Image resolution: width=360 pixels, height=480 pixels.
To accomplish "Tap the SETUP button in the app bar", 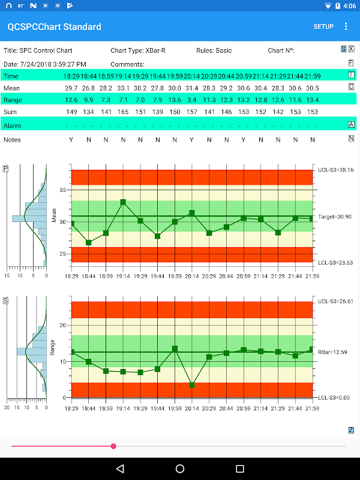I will click(323, 26).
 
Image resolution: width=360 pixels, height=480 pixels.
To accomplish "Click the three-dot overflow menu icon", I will click(346, 26).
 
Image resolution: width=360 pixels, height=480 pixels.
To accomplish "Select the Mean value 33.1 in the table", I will click(123, 88).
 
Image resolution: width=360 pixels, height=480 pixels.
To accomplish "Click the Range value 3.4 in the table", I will click(192, 100).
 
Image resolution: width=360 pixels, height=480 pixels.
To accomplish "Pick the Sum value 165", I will click(123, 112).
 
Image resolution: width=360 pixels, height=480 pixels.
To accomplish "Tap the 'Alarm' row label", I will click(12, 125).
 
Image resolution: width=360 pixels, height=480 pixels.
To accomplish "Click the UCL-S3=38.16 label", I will click(335, 170).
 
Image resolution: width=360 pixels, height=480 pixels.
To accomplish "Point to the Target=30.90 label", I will click(335, 216).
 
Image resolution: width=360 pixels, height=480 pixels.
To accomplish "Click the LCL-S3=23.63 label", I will click(335, 262).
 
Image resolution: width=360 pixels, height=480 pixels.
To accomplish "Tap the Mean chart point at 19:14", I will click(123, 202).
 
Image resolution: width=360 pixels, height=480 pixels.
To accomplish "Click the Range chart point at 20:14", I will click(192, 385).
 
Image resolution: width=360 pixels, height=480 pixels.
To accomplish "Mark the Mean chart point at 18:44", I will click(89, 242).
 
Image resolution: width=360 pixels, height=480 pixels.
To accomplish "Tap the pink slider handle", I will click(113, 446).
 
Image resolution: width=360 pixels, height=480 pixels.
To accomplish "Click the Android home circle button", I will click(180, 468).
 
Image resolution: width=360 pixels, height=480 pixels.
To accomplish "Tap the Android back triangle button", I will click(120, 468).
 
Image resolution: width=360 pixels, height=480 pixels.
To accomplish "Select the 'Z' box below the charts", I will click(351, 430).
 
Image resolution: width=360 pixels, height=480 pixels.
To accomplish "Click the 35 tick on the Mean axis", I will click(62, 190).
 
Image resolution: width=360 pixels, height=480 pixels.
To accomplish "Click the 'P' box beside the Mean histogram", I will click(5, 169).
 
